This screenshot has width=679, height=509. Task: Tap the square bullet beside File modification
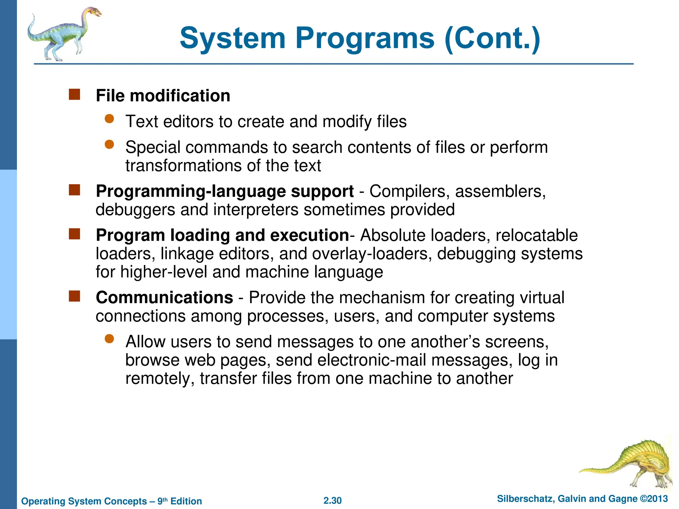click(x=74, y=94)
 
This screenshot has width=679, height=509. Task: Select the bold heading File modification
click(x=163, y=96)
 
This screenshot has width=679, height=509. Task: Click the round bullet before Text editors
click(x=109, y=119)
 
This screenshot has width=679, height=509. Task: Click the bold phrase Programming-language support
click(x=225, y=191)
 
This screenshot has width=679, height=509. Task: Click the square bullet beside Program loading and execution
click(x=74, y=234)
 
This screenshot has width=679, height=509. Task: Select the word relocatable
click(x=536, y=235)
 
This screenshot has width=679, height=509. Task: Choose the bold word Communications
click(x=164, y=297)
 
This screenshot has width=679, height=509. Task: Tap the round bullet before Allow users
click(x=109, y=339)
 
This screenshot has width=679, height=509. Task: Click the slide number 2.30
click(x=333, y=500)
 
